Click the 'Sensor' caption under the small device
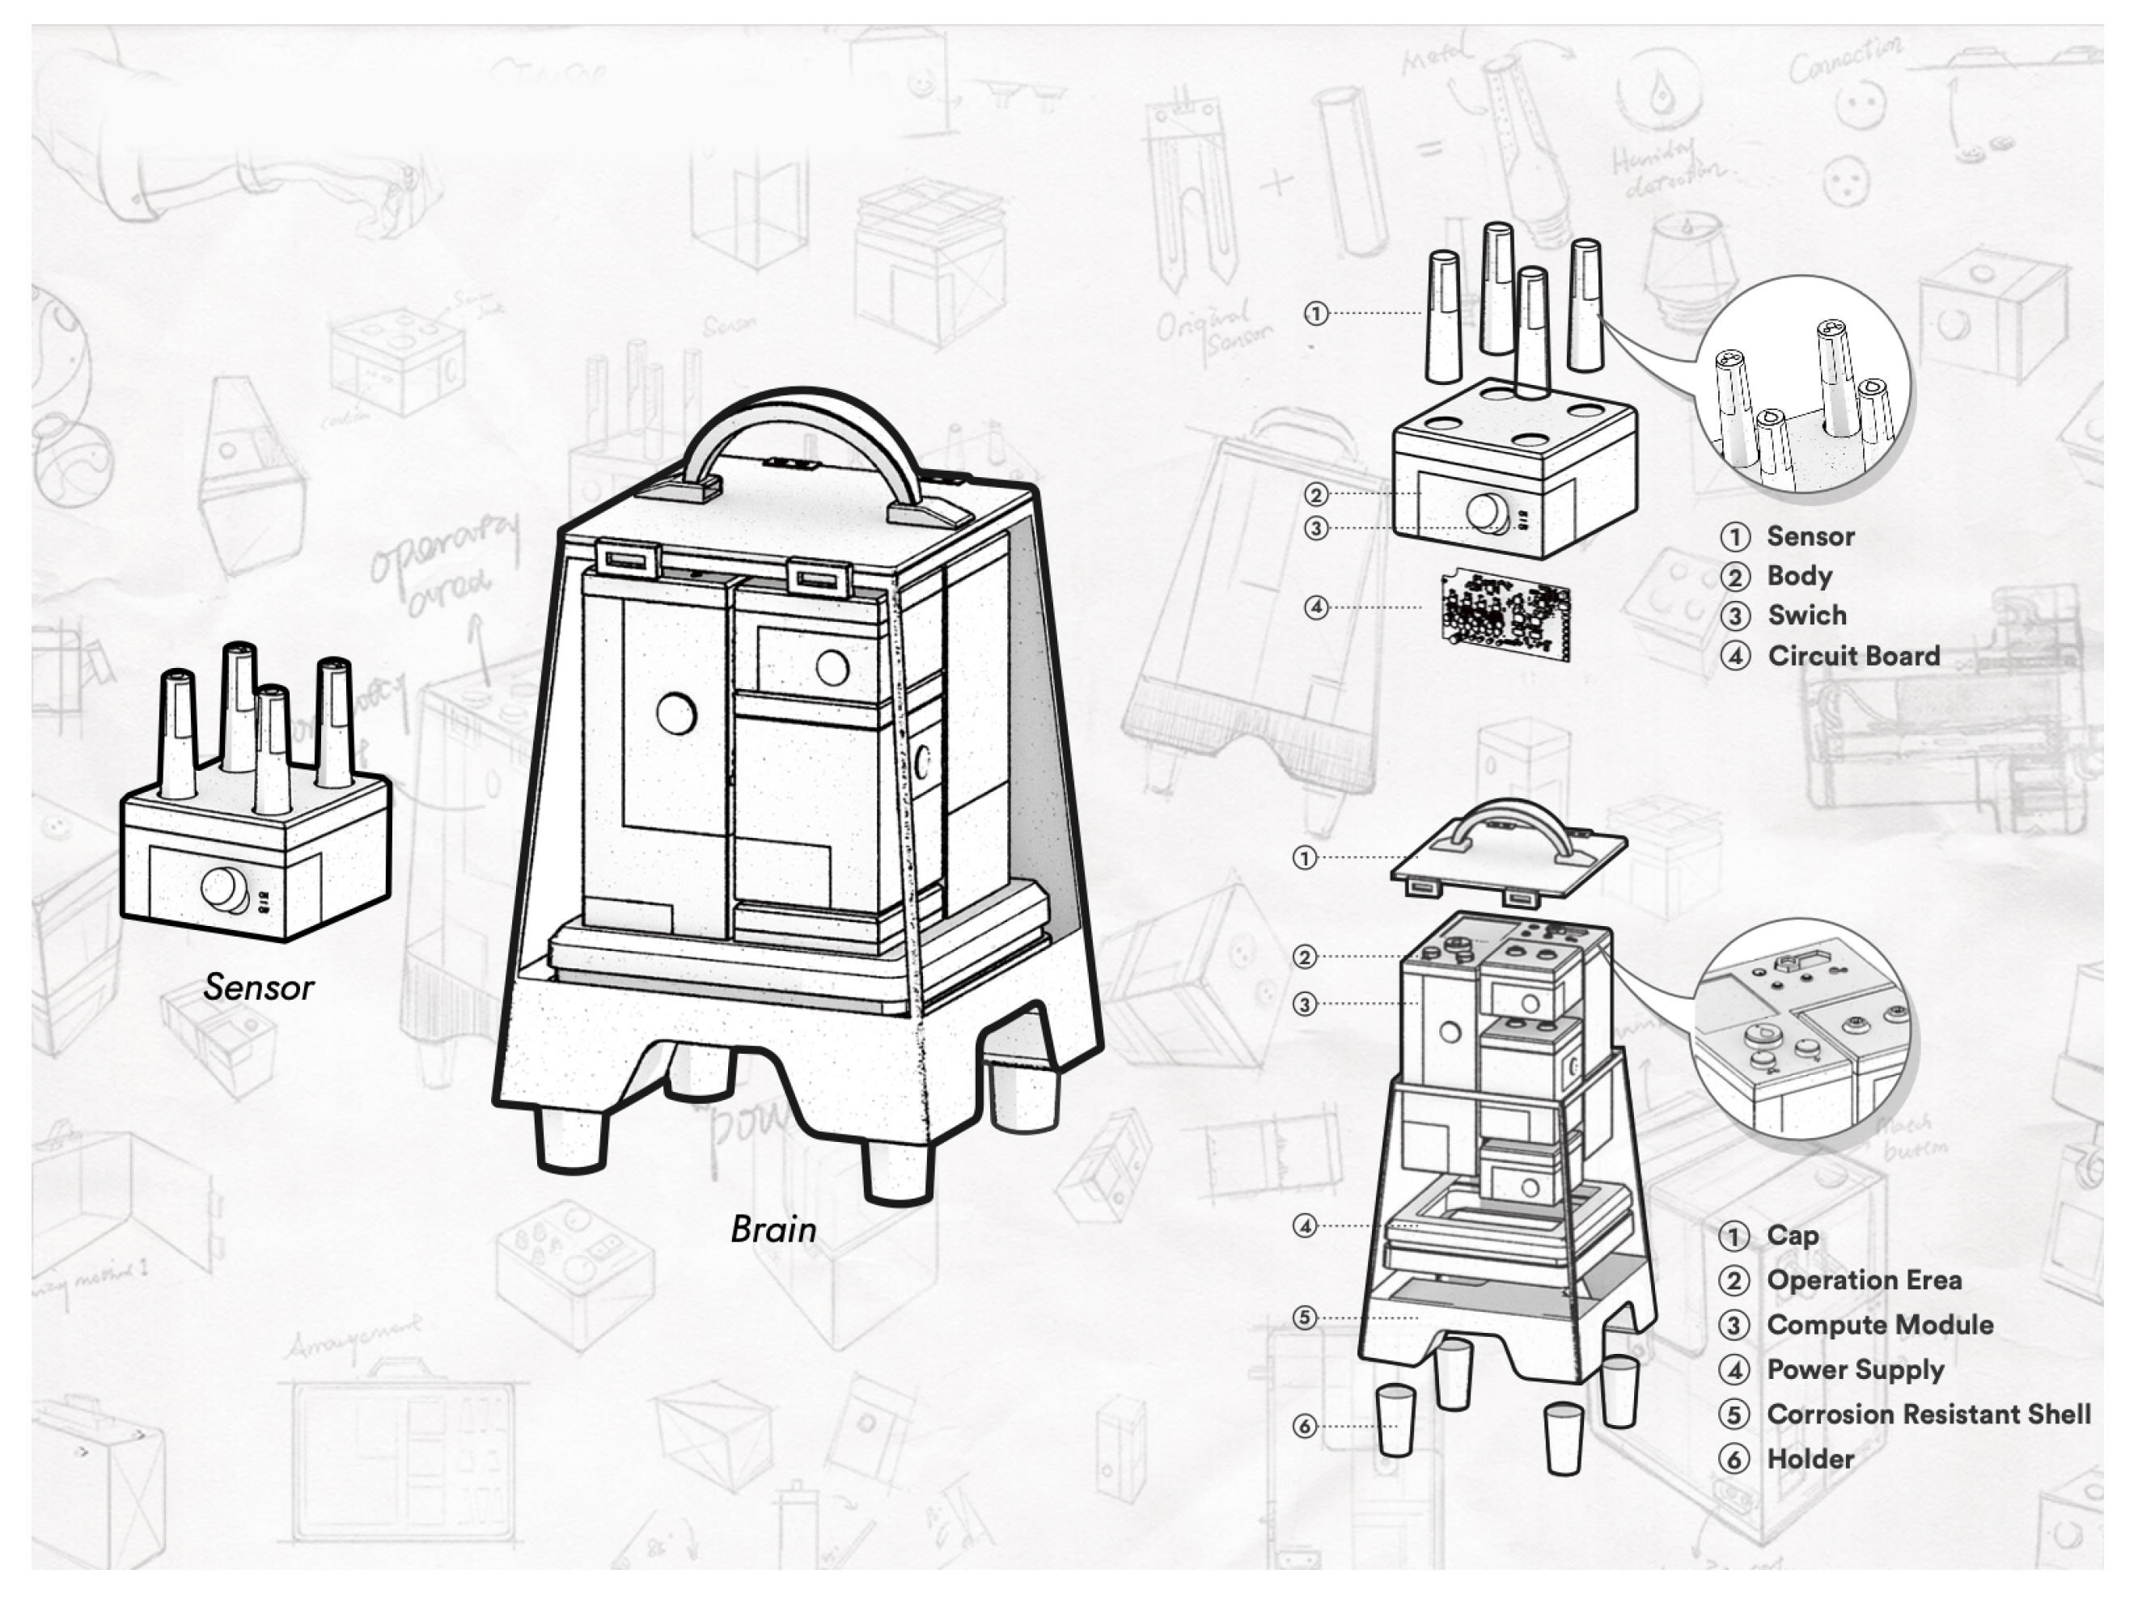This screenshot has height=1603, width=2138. (x=258, y=988)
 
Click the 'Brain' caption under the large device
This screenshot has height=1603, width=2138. (x=773, y=1229)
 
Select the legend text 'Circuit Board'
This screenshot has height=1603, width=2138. (x=1853, y=656)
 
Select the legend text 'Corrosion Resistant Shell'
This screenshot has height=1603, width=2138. (x=1928, y=1415)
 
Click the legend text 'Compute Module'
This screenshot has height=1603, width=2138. (x=1879, y=1325)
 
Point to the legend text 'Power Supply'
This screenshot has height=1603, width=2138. (x=1855, y=1370)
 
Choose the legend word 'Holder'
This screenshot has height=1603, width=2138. (x=1810, y=1459)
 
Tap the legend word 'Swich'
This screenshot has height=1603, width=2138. (x=1806, y=615)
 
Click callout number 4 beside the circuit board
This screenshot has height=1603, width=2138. (x=1315, y=607)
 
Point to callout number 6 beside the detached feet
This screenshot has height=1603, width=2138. (x=1305, y=1426)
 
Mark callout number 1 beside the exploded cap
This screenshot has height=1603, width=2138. (x=1305, y=858)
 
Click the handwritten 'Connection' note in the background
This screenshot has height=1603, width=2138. (x=1844, y=60)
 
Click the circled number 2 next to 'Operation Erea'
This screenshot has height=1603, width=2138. (x=1734, y=1281)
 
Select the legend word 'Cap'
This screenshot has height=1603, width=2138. (x=1792, y=1236)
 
